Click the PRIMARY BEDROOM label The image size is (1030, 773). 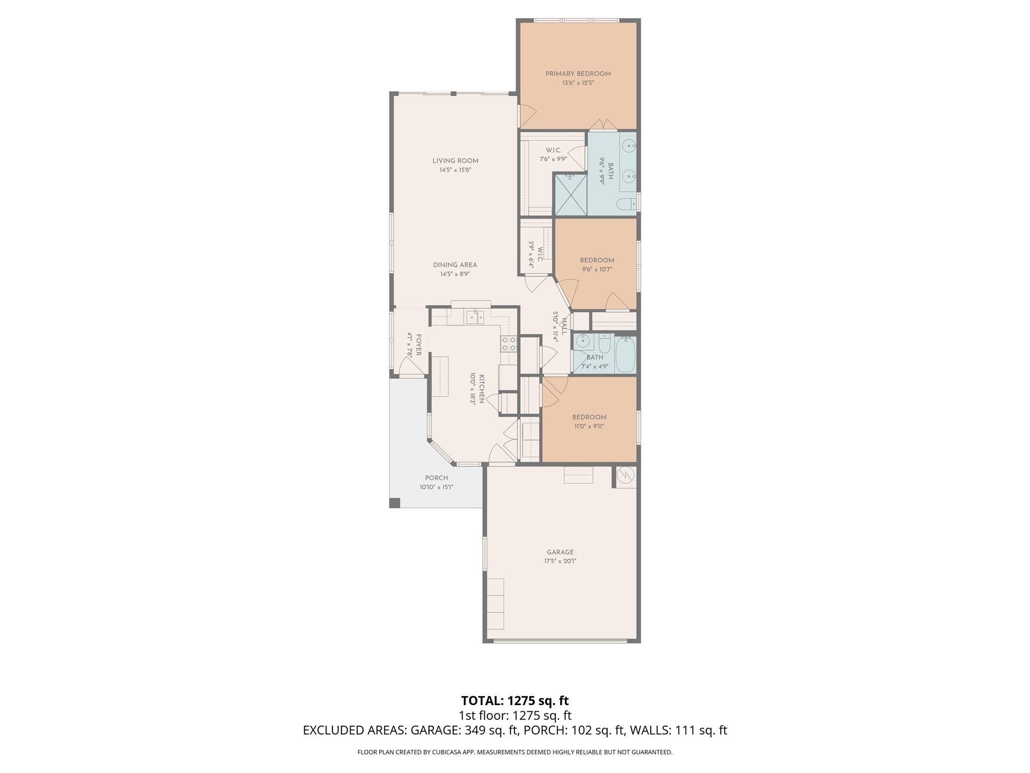pyautogui.click(x=578, y=74)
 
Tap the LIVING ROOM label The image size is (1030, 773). pyautogui.click(x=455, y=161)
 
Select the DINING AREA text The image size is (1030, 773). pyautogui.click(x=455, y=265)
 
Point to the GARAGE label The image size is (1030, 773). pyautogui.click(x=560, y=552)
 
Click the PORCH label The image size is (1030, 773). pyautogui.click(x=436, y=478)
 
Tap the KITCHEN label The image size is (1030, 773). pyautogui.click(x=481, y=389)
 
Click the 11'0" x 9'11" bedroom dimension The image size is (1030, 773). pyautogui.click(x=589, y=426)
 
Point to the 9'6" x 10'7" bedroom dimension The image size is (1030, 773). pyautogui.click(x=597, y=270)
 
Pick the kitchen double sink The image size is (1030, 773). pyautogui.click(x=475, y=317)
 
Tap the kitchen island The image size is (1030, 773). pyautogui.click(x=440, y=376)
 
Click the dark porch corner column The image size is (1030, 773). pyautogui.click(x=395, y=502)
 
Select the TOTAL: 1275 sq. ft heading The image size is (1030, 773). pyautogui.click(x=514, y=701)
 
